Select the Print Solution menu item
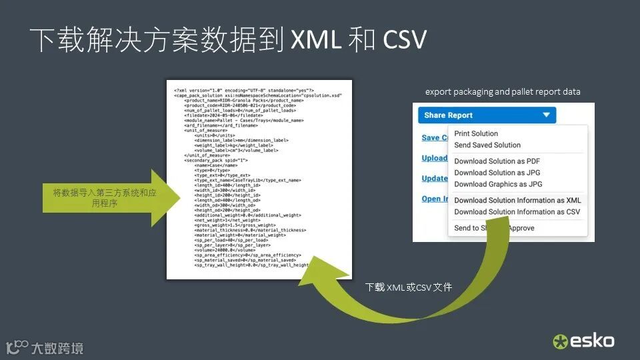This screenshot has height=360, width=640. tap(476, 134)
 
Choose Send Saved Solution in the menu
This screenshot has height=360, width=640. tap(487, 145)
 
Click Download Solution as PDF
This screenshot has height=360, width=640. tap(497, 161)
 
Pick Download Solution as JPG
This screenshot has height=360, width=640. tap(497, 173)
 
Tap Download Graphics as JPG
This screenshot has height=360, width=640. tap(498, 184)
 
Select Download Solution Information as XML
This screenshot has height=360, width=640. tap(517, 201)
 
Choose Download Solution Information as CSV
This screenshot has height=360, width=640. tap(517, 212)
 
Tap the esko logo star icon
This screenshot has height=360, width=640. tap(560, 342)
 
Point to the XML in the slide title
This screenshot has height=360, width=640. tap(315, 41)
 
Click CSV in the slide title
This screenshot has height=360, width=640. tap(404, 41)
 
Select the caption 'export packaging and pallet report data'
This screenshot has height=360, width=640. tap(503, 92)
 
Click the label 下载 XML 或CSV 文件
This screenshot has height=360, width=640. tap(409, 287)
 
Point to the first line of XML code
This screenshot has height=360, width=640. tap(243, 90)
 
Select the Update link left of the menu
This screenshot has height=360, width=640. tap(435, 178)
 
